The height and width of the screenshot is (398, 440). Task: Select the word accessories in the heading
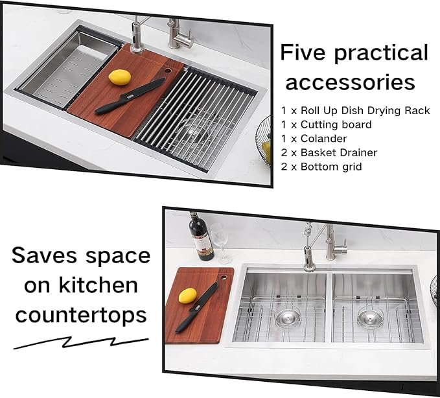click(x=351, y=82)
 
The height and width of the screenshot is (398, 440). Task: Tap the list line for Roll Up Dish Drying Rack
click(x=356, y=110)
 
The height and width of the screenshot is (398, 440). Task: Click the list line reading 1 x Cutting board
click(x=327, y=124)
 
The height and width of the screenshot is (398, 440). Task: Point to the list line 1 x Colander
click(x=314, y=138)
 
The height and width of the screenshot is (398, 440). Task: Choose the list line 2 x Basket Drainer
click(x=329, y=152)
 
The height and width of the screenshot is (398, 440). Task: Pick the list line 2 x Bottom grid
click(x=323, y=167)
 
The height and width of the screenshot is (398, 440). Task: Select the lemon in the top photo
click(x=119, y=78)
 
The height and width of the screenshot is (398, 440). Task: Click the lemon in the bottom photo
click(x=187, y=296)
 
